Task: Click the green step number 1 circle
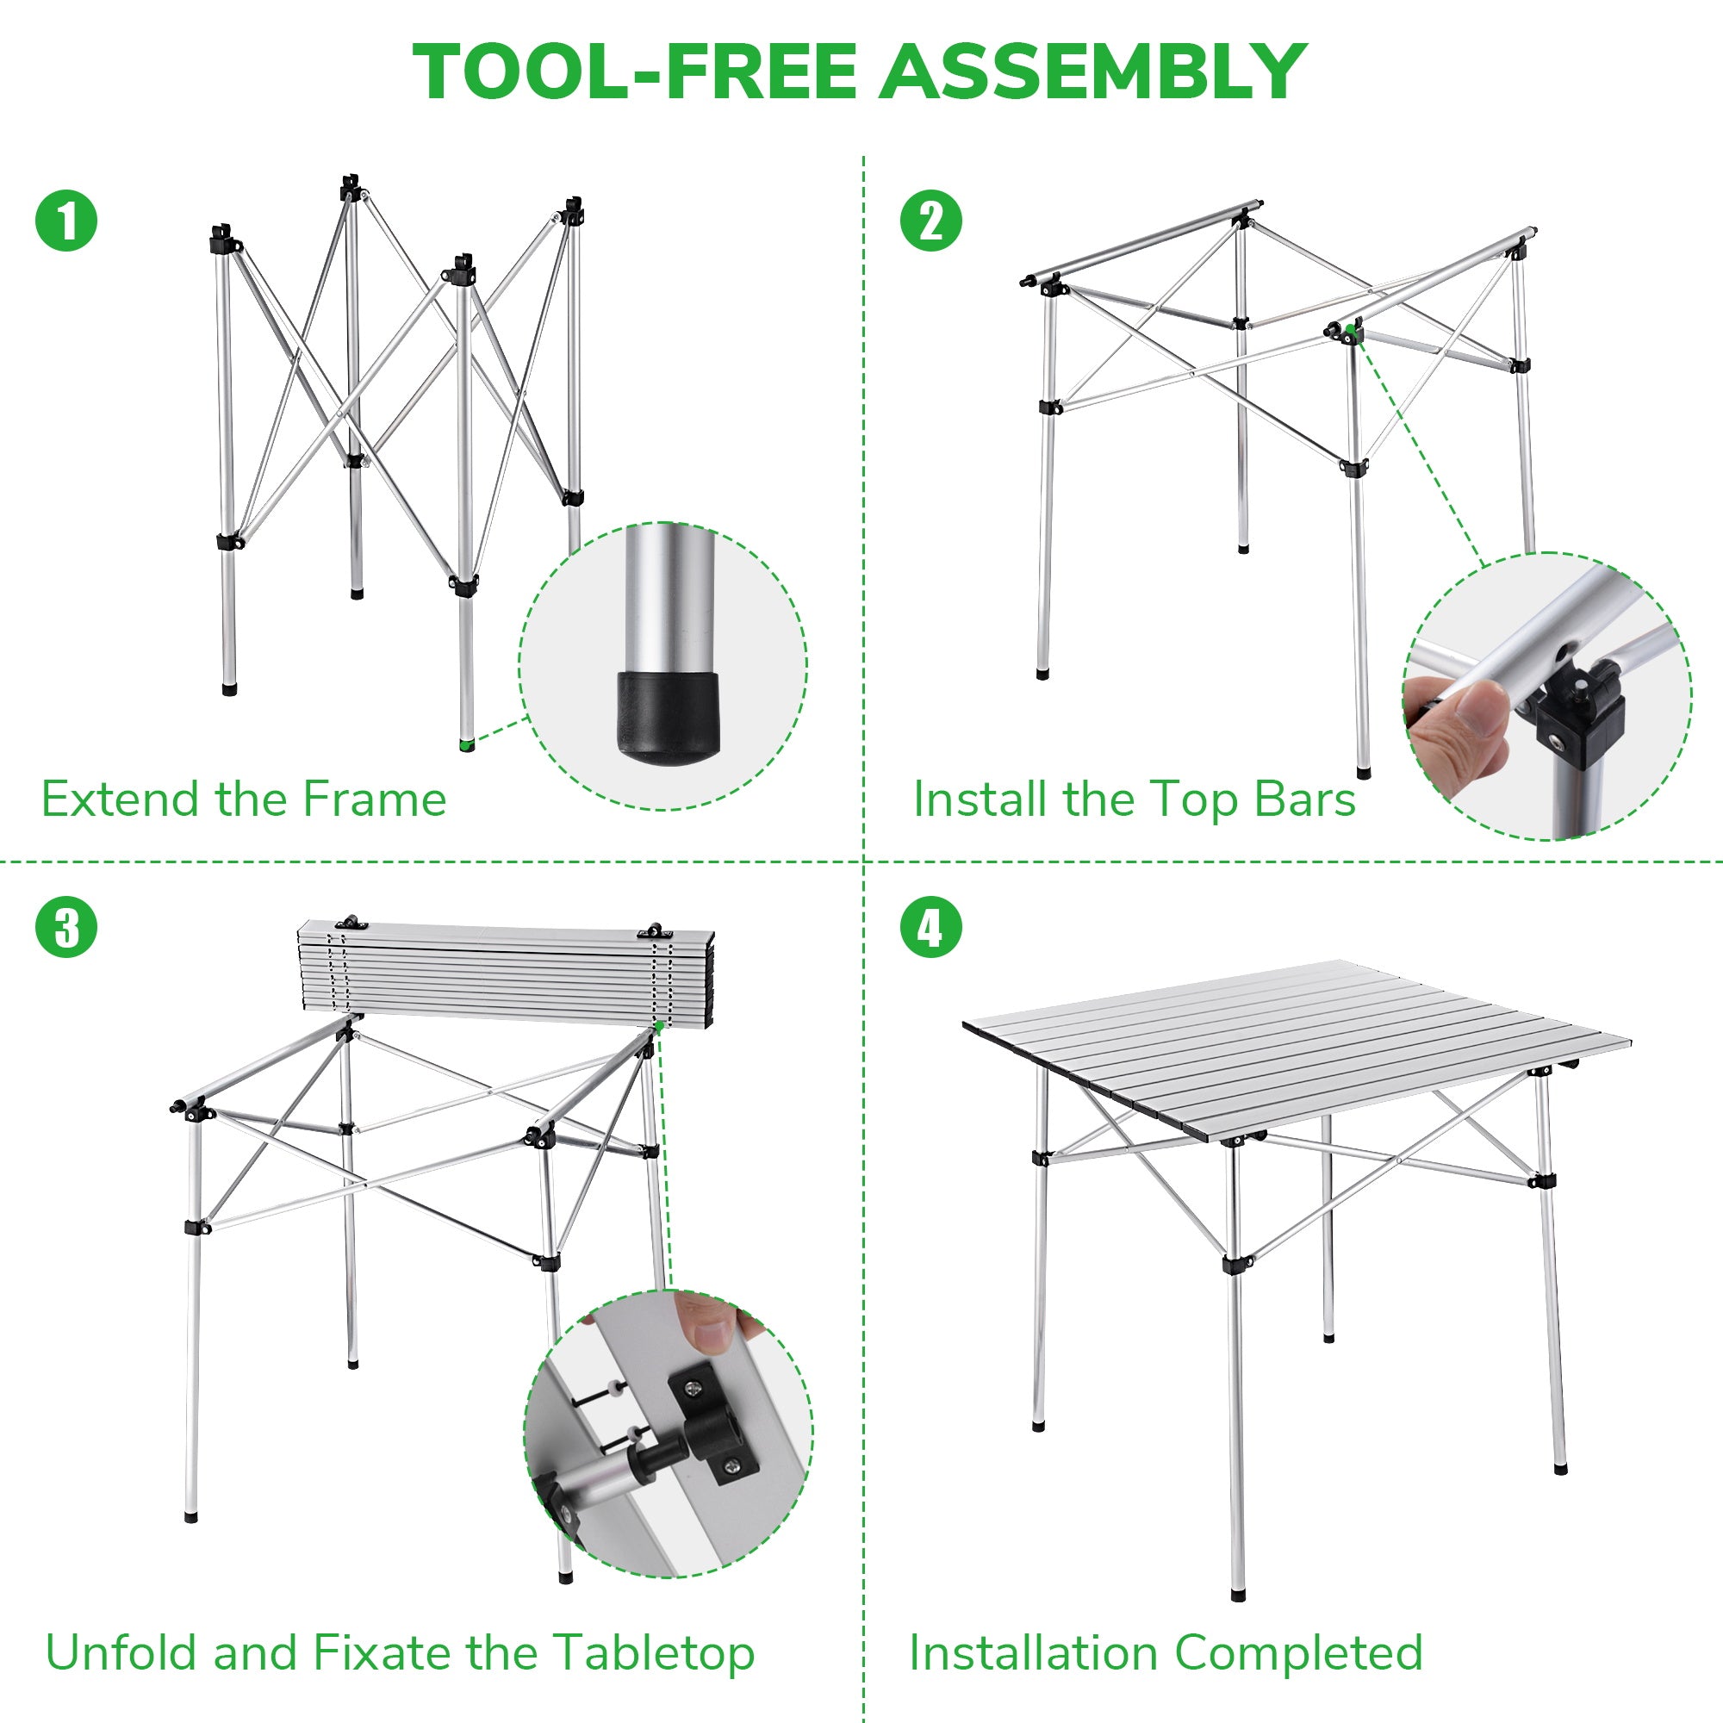(x=66, y=221)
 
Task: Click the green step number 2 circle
(x=931, y=221)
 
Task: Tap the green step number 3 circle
(x=66, y=928)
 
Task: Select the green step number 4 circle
(x=931, y=928)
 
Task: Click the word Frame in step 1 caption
(x=375, y=799)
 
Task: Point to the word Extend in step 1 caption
(x=120, y=799)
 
